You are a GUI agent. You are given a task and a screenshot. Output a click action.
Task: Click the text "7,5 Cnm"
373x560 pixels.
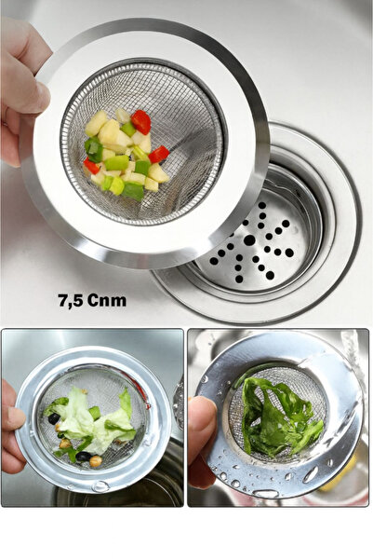91,301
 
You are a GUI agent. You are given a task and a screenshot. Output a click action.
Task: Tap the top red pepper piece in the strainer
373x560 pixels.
140,121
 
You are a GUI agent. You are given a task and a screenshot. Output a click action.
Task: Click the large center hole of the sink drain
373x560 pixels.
249,239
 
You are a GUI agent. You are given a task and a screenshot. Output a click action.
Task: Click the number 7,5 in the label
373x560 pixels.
73,301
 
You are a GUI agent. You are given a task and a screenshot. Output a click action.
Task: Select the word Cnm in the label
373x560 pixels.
108,301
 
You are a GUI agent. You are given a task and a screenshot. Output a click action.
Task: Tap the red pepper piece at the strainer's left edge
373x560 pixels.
91,166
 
